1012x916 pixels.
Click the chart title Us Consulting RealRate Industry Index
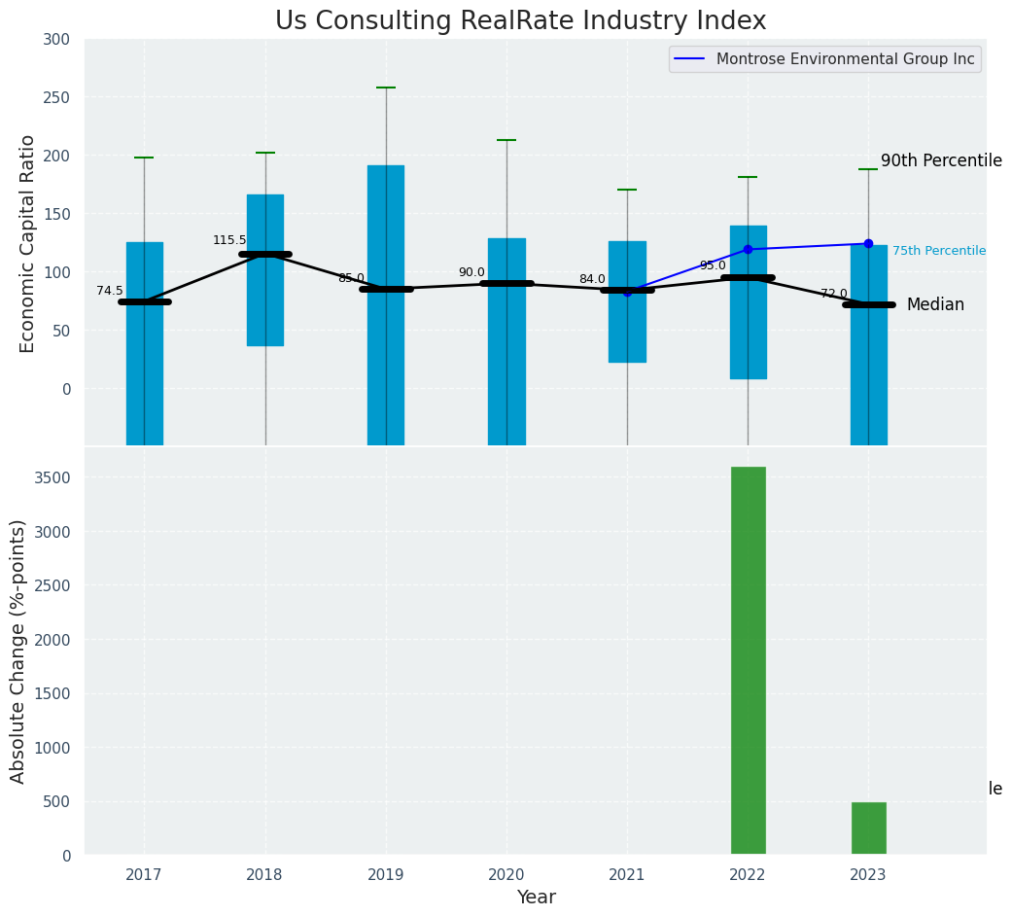[x=520, y=21]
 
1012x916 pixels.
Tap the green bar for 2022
[x=748, y=660]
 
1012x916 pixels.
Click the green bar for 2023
[x=868, y=828]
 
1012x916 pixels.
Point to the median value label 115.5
[x=229, y=240]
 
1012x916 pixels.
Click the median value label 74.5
[x=110, y=291]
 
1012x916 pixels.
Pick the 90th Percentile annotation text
[x=941, y=161]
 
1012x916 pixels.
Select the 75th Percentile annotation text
[x=939, y=251]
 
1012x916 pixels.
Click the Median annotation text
[x=935, y=305]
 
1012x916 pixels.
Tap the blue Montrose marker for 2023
[x=868, y=244]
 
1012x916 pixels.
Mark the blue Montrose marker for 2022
[x=748, y=250]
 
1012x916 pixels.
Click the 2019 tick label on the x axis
[x=386, y=875]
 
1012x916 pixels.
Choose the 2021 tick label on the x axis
[x=627, y=875]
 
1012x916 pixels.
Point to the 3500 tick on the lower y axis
[x=54, y=478]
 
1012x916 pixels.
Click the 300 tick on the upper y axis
[x=56, y=40]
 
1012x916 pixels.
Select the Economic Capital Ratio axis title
[x=28, y=243]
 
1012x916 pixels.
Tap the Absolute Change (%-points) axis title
[x=18, y=651]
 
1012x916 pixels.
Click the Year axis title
[x=536, y=898]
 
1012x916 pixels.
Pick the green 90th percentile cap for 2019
[x=386, y=88]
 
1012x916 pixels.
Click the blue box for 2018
[x=265, y=270]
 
